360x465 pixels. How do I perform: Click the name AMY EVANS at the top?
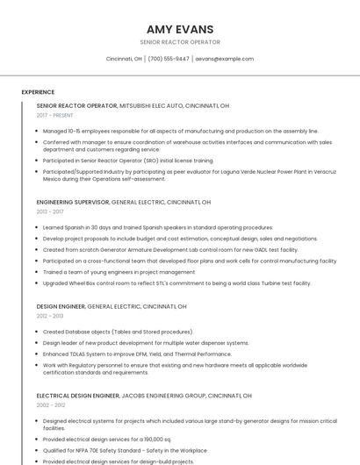click(179, 28)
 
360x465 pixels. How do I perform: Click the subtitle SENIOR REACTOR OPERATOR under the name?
click(179, 42)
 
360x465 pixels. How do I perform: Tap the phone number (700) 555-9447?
click(169, 59)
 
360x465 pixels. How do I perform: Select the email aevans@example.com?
click(224, 59)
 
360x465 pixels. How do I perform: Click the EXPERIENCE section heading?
click(38, 91)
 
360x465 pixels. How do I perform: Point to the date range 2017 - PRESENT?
click(54, 115)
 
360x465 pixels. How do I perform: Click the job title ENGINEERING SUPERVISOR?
click(72, 202)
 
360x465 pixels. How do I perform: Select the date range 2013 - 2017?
click(50, 211)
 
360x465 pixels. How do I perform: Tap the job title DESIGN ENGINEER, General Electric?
click(61, 306)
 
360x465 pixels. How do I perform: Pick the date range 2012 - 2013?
click(50, 316)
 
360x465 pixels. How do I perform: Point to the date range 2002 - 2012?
click(50, 404)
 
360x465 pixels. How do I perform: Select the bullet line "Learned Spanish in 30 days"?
click(145, 227)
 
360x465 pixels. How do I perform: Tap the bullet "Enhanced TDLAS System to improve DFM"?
click(137, 354)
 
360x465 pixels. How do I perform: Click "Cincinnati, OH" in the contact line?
click(124, 59)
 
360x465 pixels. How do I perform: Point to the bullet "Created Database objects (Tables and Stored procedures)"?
click(118, 332)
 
